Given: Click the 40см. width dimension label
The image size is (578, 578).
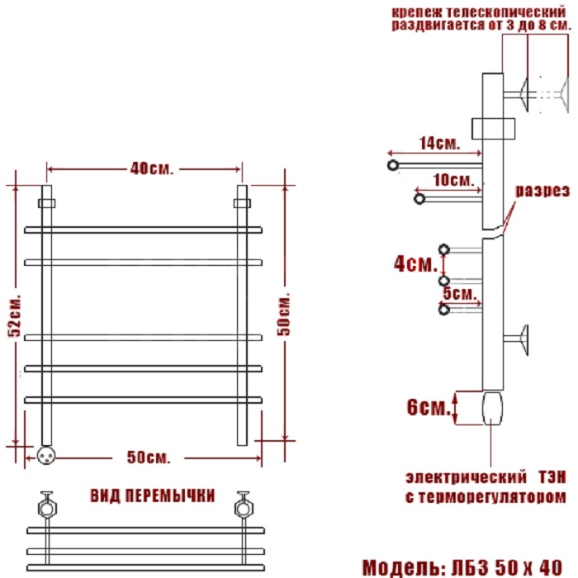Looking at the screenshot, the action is click(x=151, y=168).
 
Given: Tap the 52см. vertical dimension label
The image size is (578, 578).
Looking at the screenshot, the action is click(x=15, y=316).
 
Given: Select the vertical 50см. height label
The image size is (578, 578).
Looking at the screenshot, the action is click(x=284, y=314).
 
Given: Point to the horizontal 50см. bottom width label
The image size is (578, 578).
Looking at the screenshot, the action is click(x=149, y=457).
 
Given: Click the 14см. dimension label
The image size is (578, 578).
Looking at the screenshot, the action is click(x=440, y=143).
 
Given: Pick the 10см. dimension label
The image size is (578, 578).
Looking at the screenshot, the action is click(x=454, y=180).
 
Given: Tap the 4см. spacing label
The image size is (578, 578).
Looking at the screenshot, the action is click(x=415, y=264).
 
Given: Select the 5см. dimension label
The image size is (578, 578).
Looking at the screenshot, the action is click(x=460, y=293).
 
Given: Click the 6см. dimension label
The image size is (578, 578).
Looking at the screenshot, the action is click(x=429, y=407).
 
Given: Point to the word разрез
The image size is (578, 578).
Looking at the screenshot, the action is click(x=542, y=191).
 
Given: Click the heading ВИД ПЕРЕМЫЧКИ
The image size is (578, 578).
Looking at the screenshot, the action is click(x=152, y=495).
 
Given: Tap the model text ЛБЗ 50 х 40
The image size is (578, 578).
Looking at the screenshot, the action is click(x=507, y=568).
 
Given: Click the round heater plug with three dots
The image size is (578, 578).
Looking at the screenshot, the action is click(x=46, y=456).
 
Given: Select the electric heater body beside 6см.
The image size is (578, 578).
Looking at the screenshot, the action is click(x=492, y=409).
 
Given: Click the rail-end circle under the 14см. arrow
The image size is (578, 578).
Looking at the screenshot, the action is click(x=393, y=165).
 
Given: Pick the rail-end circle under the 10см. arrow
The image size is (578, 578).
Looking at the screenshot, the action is click(x=419, y=199).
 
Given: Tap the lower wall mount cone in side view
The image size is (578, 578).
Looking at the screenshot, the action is click(x=524, y=340).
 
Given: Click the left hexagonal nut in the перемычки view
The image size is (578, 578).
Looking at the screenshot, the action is click(x=47, y=509).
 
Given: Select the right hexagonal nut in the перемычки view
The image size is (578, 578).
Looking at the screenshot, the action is click(x=244, y=509).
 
